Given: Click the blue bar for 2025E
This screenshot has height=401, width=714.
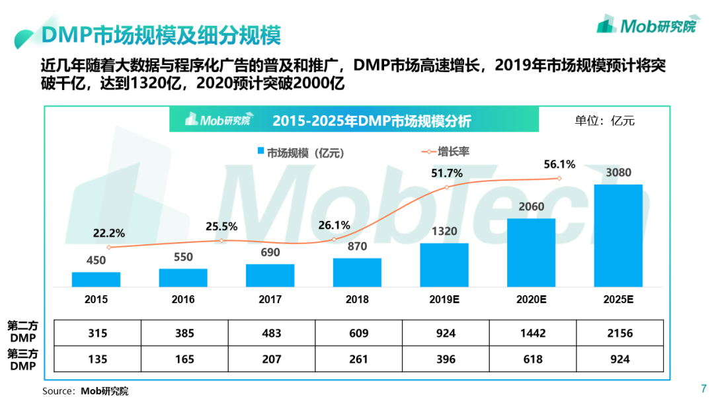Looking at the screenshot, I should pos(618,236).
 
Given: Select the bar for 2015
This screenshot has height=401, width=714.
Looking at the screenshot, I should pos(96,279).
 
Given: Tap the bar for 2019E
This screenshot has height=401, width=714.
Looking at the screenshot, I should pos(444,265).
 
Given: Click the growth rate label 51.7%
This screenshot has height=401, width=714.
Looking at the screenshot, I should pos(446,173).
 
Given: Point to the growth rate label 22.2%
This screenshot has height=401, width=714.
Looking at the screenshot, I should pos(108,233).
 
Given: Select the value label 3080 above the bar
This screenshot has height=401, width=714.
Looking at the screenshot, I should pos(618,173).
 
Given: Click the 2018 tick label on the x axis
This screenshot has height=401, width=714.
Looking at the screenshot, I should pos(357,299).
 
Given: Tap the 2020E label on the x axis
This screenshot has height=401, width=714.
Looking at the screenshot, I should pos(531,299).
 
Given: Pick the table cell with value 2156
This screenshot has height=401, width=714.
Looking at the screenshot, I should pos(619,333).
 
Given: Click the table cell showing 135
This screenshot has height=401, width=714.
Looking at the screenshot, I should pos(97,359).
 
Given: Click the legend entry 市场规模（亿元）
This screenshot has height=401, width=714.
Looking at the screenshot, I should pos(300,153).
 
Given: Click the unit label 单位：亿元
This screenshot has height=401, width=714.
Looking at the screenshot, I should pos(604,120).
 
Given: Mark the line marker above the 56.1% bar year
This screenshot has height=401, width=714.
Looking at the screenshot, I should pos(559,178).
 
